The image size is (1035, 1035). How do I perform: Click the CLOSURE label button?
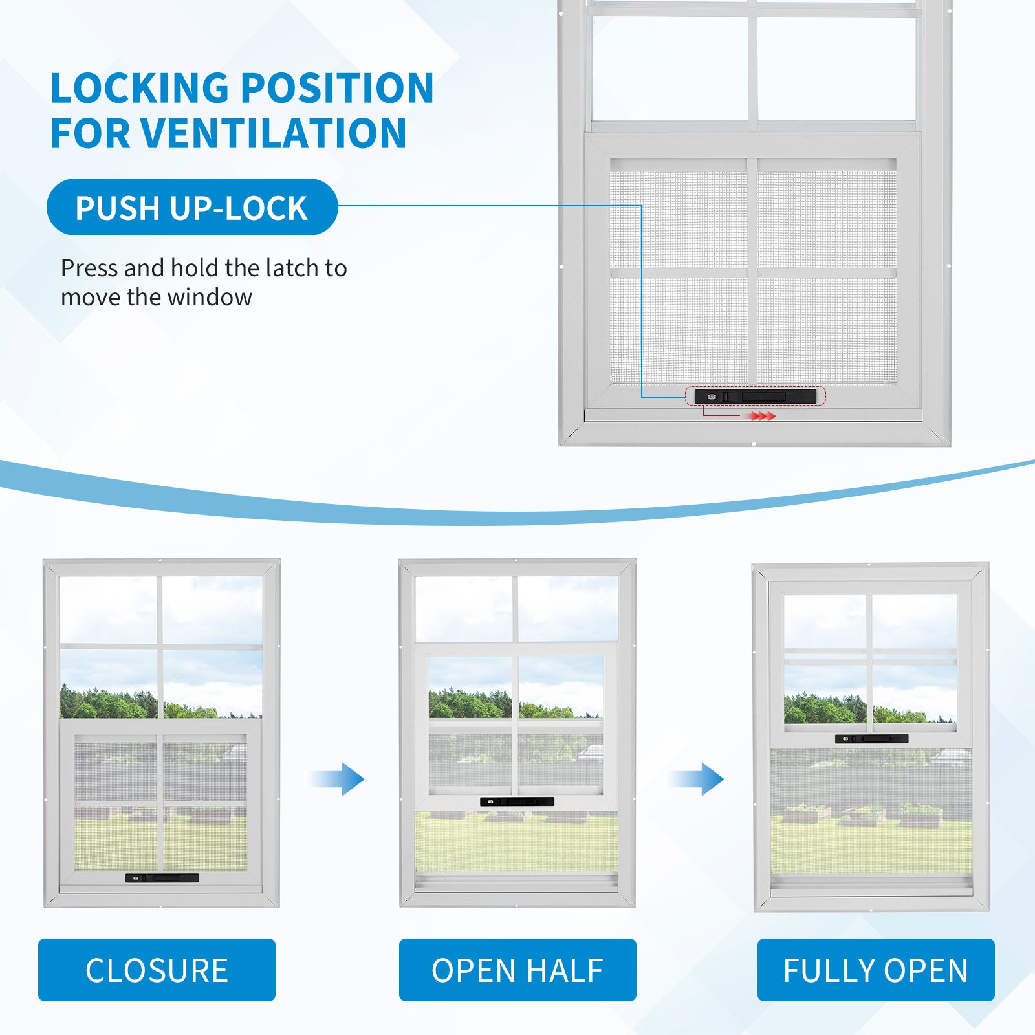pyautogui.click(x=157, y=970)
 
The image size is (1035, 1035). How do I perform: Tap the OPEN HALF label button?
pyautogui.click(x=517, y=970)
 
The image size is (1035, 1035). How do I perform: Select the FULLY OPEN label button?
pyautogui.click(x=876, y=970)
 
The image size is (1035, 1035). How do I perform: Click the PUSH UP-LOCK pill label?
pyautogui.click(x=192, y=208)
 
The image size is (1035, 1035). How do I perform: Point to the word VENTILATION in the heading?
pyautogui.click(x=273, y=133)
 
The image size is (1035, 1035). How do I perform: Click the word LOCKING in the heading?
pyautogui.click(x=140, y=88)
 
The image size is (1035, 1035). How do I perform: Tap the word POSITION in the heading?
pyautogui.click(x=336, y=88)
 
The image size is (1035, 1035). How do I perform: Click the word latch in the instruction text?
pyautogui.click(x=284, y=268)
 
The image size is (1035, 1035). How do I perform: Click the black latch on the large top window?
pyautogui.click(x=755, y=396)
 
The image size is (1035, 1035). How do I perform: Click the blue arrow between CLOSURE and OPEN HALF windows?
pyautogui.click(x=339, y=779)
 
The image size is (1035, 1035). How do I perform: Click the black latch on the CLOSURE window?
pyautogui.click(x=162, y=878)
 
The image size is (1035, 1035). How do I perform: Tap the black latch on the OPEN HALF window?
pyautogui.click(x=517, y=801)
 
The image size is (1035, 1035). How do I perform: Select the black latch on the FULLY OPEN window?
pyautogui.click(x=871, y=739)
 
